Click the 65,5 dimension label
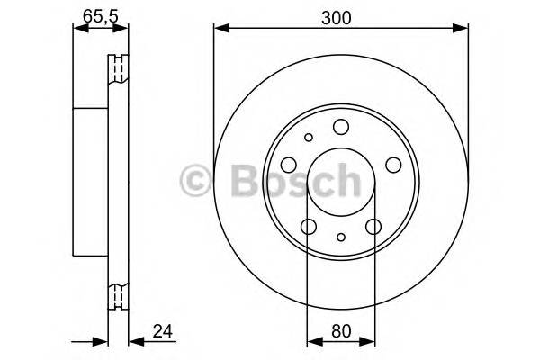[93, 15]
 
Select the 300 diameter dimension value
[340, 15]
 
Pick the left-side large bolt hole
[289, 165]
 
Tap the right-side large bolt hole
[392, 165]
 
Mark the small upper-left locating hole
[309, 138]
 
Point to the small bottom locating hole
[340, 237]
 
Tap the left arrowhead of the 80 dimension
[313, 342]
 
